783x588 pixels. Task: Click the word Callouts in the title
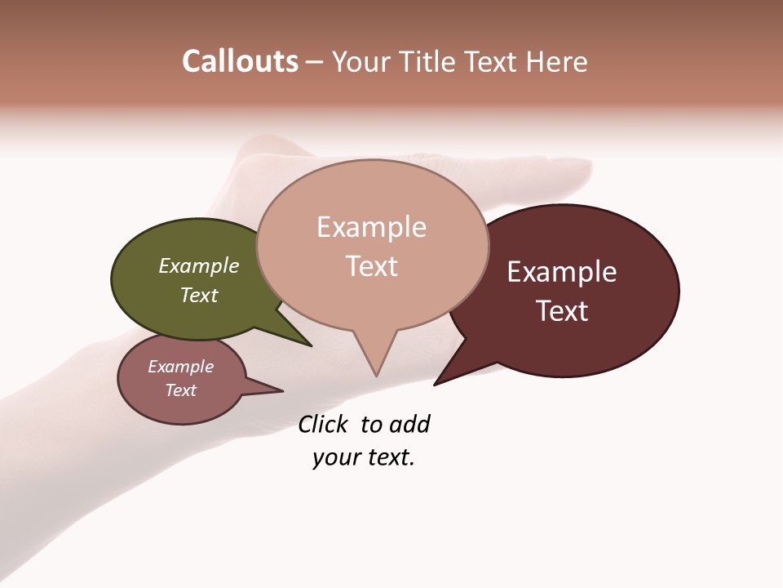(240, 61)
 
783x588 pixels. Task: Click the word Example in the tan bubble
(371, 227)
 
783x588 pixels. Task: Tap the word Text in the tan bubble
(372, 266)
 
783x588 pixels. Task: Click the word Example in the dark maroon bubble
(562, 272)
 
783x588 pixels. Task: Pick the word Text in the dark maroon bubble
(562, 311)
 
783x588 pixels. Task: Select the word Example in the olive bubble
(199, 266)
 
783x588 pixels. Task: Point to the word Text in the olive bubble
(199, 295)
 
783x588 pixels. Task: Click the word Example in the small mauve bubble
(180, 367)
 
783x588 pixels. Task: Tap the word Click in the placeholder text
(322, 425)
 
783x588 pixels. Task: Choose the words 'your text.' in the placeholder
(364, 457)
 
